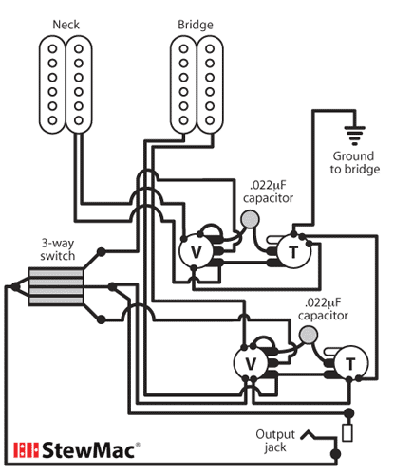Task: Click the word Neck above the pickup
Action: point(66,22)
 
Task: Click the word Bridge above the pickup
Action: point(195,22)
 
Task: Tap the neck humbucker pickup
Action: point(66,82)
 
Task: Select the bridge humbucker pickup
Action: point(196,82)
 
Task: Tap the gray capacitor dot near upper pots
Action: point(251,220)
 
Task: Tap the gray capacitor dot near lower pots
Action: point(308,334)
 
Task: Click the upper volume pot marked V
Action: point(197,251)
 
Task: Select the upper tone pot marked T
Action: point(291,251)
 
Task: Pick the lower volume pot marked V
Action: point(252,363)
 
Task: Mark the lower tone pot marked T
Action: point(350,363)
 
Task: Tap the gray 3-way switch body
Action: point(55,283)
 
